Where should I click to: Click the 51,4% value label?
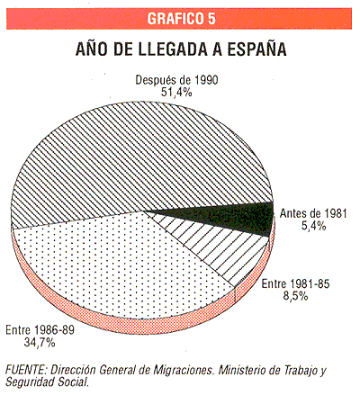[x=176, y=93]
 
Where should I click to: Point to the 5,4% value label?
[x=314, y=226]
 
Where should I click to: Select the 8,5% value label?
[x=296, y=296]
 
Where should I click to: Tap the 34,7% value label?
[x=40, y=342]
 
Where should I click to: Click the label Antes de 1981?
[x=313, y=213]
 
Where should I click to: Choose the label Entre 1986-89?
[x=40, y=330]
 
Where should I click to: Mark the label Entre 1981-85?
[x=295, y=283]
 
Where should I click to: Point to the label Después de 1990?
[x=176, y=80]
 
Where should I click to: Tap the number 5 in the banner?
[x=211, y=19]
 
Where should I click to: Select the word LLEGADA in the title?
[x=173, y=49]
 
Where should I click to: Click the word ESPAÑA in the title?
[x=256, y=49]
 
